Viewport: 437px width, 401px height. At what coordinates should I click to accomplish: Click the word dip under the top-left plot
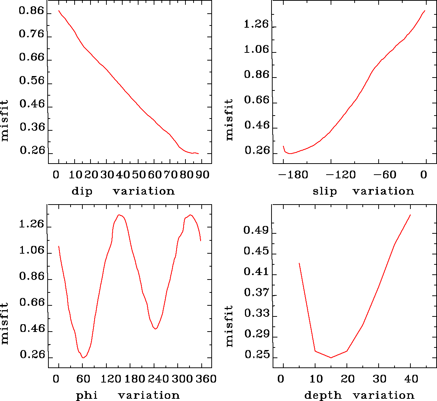click(82, 191)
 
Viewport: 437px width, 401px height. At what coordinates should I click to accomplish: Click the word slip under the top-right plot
click(325, 191)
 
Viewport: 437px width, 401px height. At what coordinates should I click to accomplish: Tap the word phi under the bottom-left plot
click(87, 395)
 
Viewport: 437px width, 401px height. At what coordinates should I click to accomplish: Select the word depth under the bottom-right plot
click(323, 395)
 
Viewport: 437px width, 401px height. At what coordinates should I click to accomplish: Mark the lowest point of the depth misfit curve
click(331, 357)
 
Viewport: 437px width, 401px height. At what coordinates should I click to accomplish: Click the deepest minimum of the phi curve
click(83, 358)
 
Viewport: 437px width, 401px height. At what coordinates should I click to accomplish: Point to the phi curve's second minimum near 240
click(156, 329)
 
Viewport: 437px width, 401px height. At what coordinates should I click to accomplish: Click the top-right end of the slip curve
click(425, 11)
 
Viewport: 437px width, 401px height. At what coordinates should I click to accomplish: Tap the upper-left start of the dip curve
click(59, 11)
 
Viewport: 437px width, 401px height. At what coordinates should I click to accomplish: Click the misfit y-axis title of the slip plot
click(229, 119)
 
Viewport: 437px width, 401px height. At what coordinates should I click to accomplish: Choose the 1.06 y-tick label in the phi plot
click(31, 251)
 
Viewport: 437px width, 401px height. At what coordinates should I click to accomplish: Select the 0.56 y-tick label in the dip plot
click(31, 81)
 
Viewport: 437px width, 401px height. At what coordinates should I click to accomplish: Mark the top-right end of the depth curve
click(410, 215)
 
